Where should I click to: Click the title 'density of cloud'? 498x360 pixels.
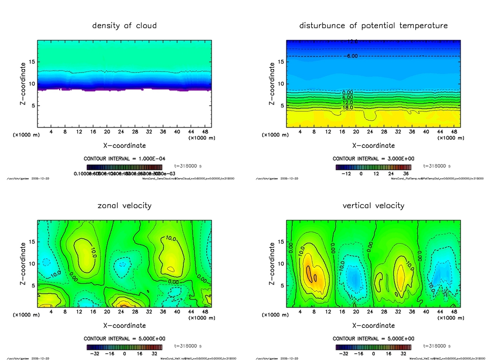(x=124, y=25)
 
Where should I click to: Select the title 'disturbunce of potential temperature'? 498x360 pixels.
(x=373, y=25)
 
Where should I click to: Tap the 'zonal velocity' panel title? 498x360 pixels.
(x=124, y=205)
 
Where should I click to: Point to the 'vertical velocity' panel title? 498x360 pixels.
(x=373, y=205)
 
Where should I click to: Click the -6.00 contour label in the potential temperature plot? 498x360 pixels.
(x=352, y=56)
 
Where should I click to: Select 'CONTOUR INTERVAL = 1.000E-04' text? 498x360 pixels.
(x=124, y=159)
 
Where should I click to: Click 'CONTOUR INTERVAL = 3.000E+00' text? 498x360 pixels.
(x=373, y=159)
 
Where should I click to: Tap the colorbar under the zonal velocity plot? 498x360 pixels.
(x=124, y=347)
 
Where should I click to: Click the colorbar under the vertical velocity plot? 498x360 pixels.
(x=373, y=347)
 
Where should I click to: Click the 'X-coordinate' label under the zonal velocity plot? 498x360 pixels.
(x=124, y=325)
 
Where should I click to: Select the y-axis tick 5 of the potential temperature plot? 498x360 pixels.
(x=281, y=106)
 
